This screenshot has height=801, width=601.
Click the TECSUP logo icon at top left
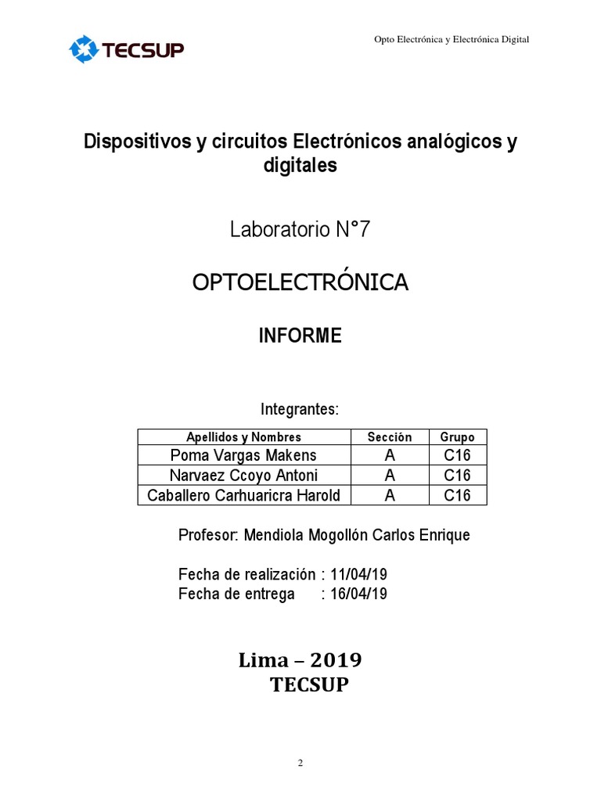coord(81,49)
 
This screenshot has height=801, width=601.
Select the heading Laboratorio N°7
coord(300,230)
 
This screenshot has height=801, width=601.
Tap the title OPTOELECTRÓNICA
coord(300,282)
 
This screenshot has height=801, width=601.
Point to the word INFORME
coord(300,336)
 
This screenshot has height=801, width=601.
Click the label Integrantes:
coord(299,409)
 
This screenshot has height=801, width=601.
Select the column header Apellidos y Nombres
coord(243,437)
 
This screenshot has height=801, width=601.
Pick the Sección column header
coord(390,437)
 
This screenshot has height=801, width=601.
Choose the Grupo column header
coord(457,437)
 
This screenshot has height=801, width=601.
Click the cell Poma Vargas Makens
coord(243,455)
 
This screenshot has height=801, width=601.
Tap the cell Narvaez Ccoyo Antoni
coord(243,476)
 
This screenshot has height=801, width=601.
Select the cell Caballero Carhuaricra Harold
coord(243,495)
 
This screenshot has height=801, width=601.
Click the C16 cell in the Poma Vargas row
coord(457,455)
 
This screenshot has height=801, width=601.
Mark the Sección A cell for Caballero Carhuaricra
coord(390,495)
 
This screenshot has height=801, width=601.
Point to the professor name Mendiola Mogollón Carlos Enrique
coord(358,536)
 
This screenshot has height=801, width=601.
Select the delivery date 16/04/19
coord(358,594)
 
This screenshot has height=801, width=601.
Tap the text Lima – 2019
coord(300,661)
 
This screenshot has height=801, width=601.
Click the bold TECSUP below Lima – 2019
coord(308,686)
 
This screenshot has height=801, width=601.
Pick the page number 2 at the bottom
coord(300,764)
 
